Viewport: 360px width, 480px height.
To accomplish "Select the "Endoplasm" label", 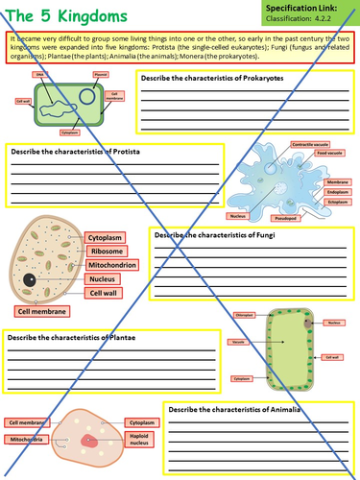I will click(337, 191).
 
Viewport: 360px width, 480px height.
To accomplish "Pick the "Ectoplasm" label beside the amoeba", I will click(337, 202).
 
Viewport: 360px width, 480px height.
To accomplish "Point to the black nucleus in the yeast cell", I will click(30, 278).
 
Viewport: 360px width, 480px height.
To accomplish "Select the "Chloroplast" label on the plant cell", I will click(245, 314).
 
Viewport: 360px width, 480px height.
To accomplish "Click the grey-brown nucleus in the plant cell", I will click(307, 324).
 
